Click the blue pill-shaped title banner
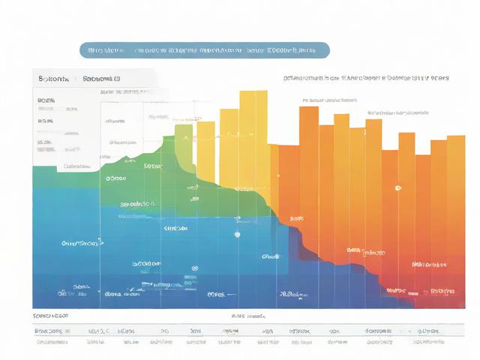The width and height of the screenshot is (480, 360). click(x=204, y=50)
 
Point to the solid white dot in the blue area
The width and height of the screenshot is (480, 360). click(x=237, y=234)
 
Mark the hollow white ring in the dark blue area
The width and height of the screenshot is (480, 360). click(x=194, y=268)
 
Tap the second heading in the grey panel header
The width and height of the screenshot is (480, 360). click(x=101, y=77)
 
